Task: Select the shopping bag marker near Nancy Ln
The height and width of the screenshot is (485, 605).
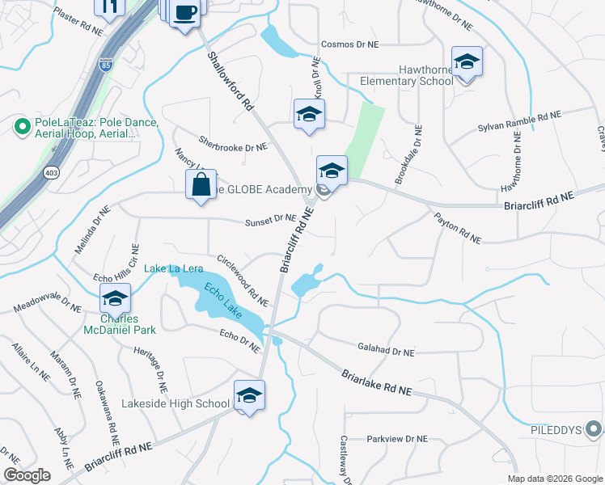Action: (x=201, y=184)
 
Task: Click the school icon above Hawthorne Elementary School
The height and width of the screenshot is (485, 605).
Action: (x=467, y=62)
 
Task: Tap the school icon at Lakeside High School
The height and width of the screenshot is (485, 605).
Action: (x=249, y=396)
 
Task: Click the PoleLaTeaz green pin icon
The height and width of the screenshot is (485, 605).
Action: (x=22, y=126)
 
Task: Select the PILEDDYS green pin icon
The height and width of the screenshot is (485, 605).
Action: (x=594, y=429)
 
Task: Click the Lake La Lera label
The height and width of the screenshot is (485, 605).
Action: (x=173, y=268)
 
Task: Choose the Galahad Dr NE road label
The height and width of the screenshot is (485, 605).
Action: (x=386, y=352)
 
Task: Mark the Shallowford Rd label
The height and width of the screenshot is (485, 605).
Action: (x=231, y=82)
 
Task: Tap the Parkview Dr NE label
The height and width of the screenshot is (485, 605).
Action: (x=396, y=439)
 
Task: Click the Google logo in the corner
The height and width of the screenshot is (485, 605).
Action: (x=27, y=474)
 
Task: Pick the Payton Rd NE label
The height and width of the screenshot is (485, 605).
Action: (x=458, y=229)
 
